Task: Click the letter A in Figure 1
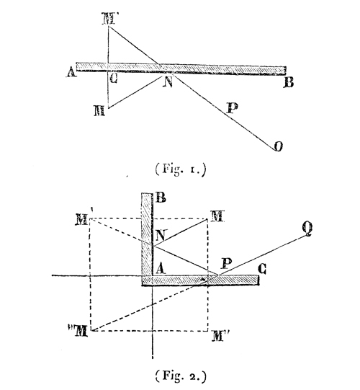tap(71, 73)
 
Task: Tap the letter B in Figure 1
tap(289, 83)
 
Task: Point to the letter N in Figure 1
tap(168, 82)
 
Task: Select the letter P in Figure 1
tap(233, 108)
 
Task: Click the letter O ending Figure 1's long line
tap(278, 146)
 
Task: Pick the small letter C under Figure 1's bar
tap(113, 79)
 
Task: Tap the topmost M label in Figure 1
tap(109, 19)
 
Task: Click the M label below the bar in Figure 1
tap(99, 111)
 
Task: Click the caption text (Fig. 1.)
tap(181, 169)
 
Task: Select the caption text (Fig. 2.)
tap(181, 376)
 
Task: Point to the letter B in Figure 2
tap(161, 198)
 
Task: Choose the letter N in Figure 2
tap(161, 235)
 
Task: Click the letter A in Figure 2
tap(161, 269)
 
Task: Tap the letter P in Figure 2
tap(227, 264)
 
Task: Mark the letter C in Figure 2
tap(262, 269)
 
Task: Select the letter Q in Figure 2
tap(307, 229)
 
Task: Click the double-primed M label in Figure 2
tap(78, 331)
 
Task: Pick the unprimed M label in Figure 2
tap(217, 216)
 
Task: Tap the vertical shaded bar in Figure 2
tap(147, 234)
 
